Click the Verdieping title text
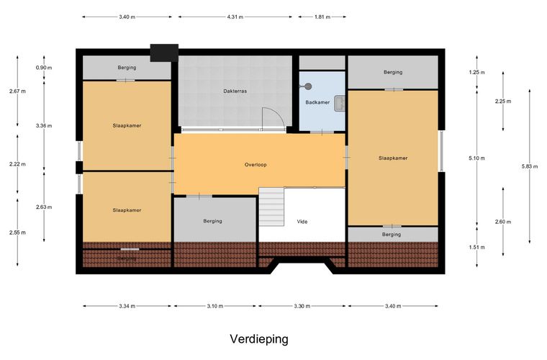259,338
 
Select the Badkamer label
317,102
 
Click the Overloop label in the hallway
256,165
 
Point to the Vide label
302,221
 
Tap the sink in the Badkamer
338,103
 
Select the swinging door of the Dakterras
272,119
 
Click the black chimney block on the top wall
164,52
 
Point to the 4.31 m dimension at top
235,17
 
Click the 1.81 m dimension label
321,17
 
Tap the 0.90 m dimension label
44,68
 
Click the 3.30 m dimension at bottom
303,306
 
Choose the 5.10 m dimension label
476,158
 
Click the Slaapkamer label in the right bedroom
393,158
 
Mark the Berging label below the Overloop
212,221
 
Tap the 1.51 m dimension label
476,248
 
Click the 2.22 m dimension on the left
18,163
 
